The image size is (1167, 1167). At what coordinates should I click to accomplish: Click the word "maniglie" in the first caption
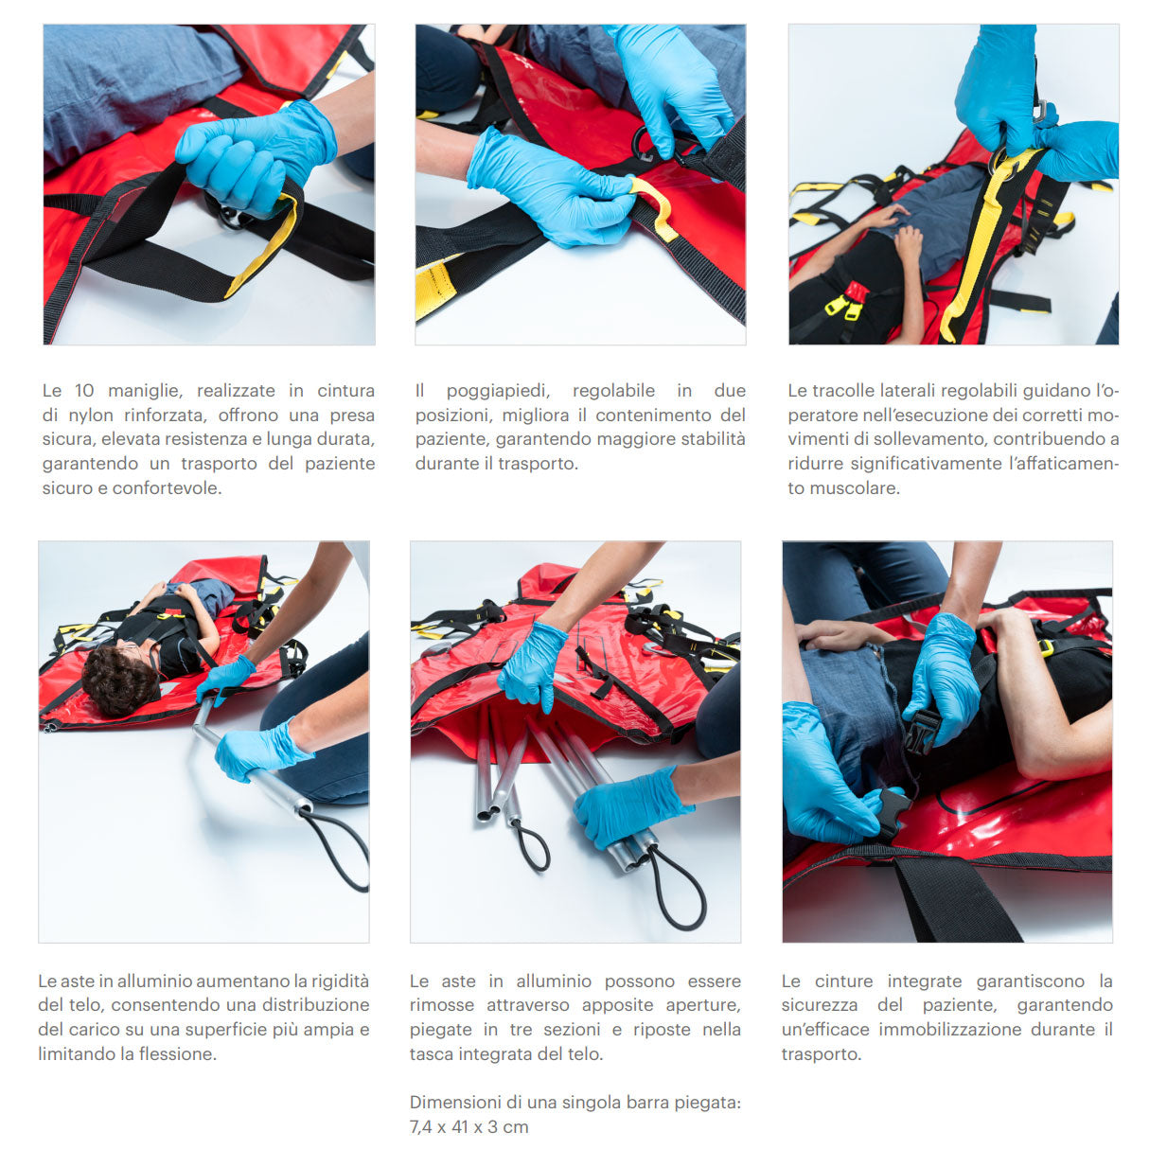pos(145,391)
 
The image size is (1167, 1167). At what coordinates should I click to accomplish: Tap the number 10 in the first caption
pos(83,391)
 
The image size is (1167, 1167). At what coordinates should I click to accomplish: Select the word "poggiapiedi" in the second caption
pos(498,391)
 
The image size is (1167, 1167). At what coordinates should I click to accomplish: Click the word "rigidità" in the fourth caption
pos(339,981)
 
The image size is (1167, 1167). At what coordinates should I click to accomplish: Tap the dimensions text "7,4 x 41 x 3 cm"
pos(469,1127)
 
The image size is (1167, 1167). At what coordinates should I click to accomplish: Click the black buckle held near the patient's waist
pos(922,732)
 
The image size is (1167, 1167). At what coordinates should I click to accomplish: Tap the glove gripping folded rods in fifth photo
pos(629,806)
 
